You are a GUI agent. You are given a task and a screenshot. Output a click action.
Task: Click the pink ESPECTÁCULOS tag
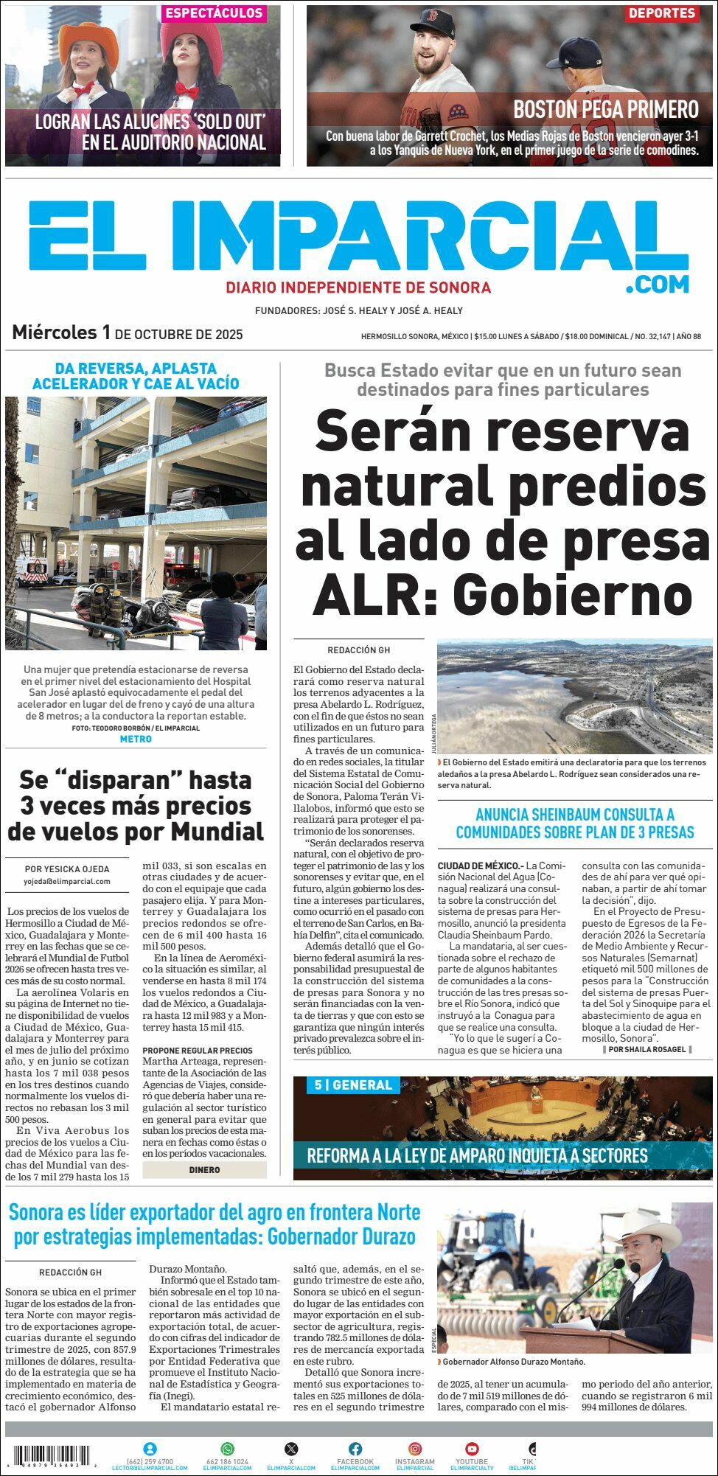click(213, 13)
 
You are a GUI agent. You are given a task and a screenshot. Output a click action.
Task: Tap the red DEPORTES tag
click(662, 13)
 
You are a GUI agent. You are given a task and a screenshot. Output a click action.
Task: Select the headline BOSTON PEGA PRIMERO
click(605, 110)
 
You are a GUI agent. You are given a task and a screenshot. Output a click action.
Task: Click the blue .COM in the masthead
click(658, 284)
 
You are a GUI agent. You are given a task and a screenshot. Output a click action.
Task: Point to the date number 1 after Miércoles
click(106, 333)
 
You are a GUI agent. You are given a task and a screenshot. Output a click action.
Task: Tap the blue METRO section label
click(136, 739)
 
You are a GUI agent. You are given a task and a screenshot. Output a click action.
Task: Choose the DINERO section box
click(204, 1169)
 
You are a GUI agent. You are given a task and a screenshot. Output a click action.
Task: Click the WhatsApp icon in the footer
click(227, 1449)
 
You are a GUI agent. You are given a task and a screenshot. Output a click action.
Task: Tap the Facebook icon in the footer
click(355, 1449)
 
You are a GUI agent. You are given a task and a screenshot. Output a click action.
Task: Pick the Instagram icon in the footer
click(415, 1449)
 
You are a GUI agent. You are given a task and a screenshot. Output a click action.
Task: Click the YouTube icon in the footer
click(472, 1449)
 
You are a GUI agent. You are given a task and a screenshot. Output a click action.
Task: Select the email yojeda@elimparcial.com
click(67, 881)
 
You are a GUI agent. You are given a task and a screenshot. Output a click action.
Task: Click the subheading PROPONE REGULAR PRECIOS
click(198, 1050)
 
